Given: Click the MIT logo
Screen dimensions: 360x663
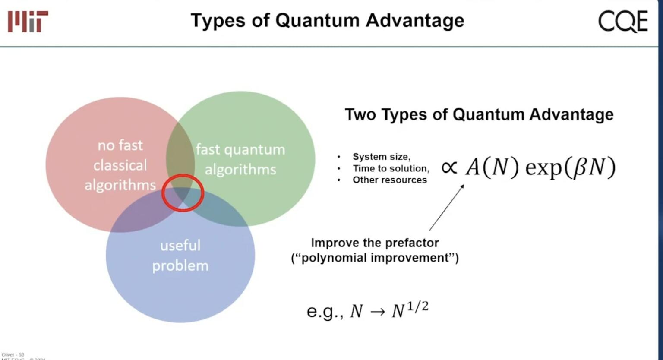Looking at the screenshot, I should pyautogui.click(x=28, y=21).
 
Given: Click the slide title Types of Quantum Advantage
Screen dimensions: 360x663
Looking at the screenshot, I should pyautogui.click(x=327, y=20).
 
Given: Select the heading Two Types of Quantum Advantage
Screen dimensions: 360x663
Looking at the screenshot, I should pyautogui.click(x=479, y=114).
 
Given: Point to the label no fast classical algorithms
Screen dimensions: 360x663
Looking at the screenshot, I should pyautogui.click(x=120, y=165).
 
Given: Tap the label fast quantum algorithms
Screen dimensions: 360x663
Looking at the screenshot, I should pyautogui.click(x=240, y=159).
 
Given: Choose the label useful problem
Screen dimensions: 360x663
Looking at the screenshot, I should pyautogui.click(x=180, y=255).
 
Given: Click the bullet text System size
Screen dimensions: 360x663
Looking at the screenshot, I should pyautogui.click(x=381, y=157).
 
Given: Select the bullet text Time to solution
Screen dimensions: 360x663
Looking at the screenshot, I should pyautogui.click(x=391, y=168).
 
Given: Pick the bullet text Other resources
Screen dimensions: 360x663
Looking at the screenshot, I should pyautogui.click(x=389, y=180).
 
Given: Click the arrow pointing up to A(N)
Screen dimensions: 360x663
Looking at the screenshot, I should pyautogui.click(x=446, y=208).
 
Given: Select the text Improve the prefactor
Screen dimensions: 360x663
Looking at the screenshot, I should pyautogui.click(x=375, y=243).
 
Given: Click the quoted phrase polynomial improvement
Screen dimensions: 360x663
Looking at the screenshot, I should pyautogui.click(x=375, y=258).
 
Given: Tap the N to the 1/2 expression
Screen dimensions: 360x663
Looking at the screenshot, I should pyautogui.click(x=410, y=309).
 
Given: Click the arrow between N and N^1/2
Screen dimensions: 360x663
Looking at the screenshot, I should pyautogui.click(x=377, y=312).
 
